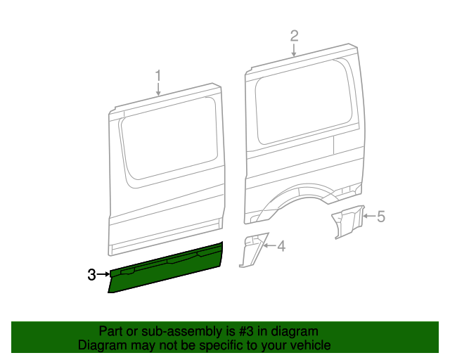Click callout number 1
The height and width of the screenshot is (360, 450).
point(158,75)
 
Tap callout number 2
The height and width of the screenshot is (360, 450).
point(295,36)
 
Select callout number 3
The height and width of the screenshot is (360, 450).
point(91,275)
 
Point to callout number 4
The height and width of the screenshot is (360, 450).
point(281,246)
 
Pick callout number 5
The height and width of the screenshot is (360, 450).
point(381,217)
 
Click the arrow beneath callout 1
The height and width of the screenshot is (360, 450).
point(158,89)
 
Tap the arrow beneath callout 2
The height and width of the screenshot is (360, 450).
point(295,49)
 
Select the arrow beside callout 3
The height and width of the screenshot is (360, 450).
point(103,275)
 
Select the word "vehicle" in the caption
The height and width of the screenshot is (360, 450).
point(310,345)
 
